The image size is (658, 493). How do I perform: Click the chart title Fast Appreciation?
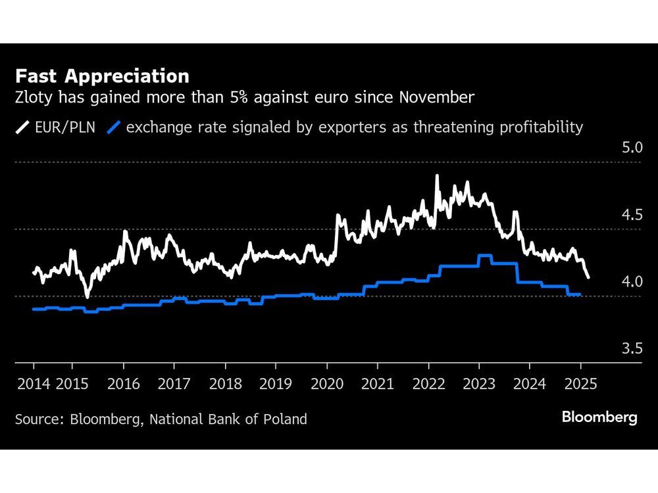click(103, 76)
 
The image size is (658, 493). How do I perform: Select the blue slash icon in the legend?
click(114, 127)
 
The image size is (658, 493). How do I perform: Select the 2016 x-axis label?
click(124, 384)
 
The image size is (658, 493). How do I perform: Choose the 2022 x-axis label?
click(428, 384)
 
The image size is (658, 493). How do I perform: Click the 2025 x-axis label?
click(580, 384)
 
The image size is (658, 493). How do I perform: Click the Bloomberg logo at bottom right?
click(599, 417)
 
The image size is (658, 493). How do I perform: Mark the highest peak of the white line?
click(437, 176)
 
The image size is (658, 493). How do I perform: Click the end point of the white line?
click(588, 277)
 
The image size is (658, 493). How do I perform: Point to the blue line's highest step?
click(485, 256)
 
